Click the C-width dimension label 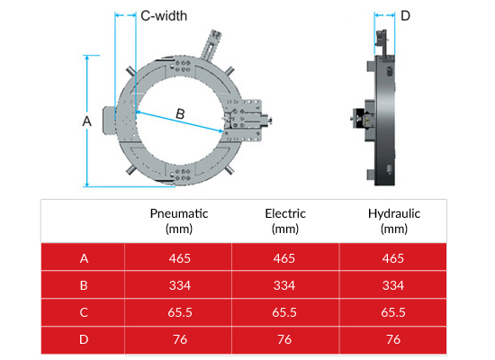[x=164, y=15]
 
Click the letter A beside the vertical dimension [x=86, y=120]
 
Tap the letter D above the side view [x=405, y=15]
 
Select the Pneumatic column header [x=179, y=220]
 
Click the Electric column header [x=284, y=220]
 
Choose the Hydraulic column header [x=393, y=220]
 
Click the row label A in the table [x=85, y=258]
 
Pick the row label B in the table [x=85, y=285]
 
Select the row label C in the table [x=85, y=312]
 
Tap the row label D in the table [x=85, y=339]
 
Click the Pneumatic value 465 [x=180, y=258]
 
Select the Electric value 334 [x=284, y=285]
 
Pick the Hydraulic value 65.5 [x=393, y=312]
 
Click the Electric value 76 [x=284, y=339]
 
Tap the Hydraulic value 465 [x=393, y=258]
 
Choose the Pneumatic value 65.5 [x=180, y=312]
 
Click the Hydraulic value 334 [x=393, y=285]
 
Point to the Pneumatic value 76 [x=180, y=339]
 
